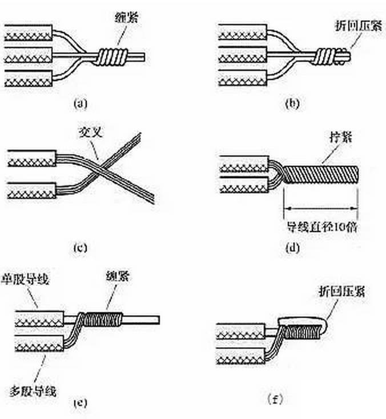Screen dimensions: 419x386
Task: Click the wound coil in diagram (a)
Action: point(111,56)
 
